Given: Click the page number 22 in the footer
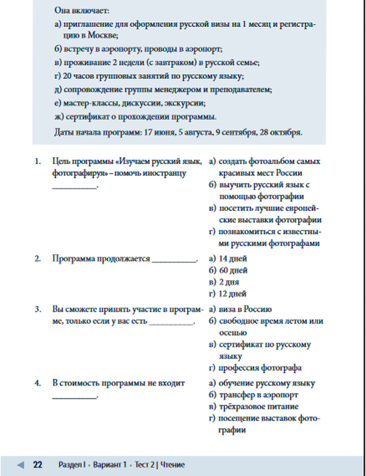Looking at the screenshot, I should click(x=37, y=465).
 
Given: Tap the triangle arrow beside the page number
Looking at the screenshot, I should click(x=21, y=465).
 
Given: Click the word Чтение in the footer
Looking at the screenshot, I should click(x=172, y=465).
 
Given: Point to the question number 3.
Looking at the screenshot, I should click(x=38, y=309).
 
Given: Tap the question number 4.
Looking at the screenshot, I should click(x=38, y=383).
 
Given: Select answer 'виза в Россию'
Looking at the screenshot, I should click(x=245, y=309).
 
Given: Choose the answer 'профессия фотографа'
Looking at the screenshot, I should click(x=260, y=368).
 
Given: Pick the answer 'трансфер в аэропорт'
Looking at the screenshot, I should click(x=258, y=395).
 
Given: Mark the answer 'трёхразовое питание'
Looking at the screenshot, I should click(x=258, y=406).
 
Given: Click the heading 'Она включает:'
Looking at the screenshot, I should click(x=82, y=10).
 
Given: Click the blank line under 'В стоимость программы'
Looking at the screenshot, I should click(x=75, y=397).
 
